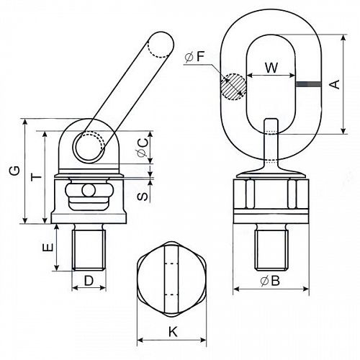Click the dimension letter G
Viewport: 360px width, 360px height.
(x=15, y=171)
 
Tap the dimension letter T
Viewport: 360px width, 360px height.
(x=37, y=178)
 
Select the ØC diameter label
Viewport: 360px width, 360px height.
(x=143, y=148)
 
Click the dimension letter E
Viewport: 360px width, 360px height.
(x=48, y=247)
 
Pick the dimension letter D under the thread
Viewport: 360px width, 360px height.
(x=89, y=280)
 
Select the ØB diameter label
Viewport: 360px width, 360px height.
(x=270, y=281)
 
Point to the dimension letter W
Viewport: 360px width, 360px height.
(x=271, y=68)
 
